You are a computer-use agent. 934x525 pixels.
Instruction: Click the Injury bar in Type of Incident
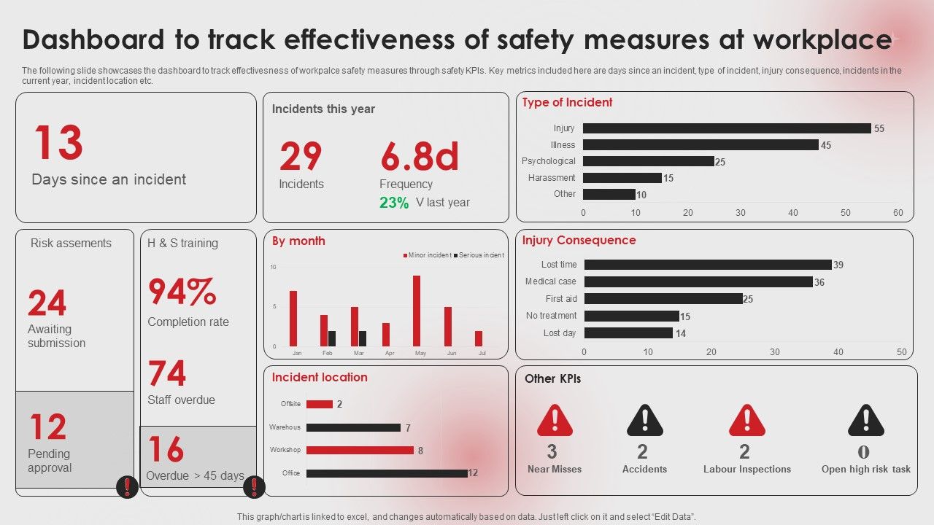click(727, 128)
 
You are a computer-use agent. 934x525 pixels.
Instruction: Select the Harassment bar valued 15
click(622, 178)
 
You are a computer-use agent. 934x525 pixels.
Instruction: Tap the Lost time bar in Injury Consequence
click(708, 265)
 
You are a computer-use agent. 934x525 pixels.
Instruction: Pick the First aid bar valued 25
click(663, 299)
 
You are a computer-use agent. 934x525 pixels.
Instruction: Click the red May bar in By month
click(417, 311)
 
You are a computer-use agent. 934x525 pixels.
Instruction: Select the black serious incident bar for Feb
click(332, 338)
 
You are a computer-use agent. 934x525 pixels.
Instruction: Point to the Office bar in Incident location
click(387, 473)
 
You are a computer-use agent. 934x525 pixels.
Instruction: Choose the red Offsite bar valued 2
click(320, 404)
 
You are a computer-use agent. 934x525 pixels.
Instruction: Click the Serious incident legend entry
click(480, 255)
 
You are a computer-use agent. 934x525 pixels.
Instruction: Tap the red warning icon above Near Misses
click(555, 421)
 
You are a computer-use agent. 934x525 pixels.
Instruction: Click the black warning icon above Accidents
click(644, 421)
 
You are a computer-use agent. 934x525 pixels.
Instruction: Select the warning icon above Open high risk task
click(865, 421)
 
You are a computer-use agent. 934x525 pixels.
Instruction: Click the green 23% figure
click(394, 203)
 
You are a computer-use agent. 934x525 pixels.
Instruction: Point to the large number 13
click(58, 143)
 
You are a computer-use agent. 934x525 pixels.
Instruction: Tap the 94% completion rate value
click(182, 292)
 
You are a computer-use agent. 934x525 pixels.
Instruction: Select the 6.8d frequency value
click(420, 156)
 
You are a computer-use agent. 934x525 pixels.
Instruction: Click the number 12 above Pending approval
click(48, 428)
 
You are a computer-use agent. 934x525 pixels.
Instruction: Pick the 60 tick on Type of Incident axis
click(898, 213)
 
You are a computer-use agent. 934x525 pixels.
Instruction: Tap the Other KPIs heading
click(552, 378)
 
